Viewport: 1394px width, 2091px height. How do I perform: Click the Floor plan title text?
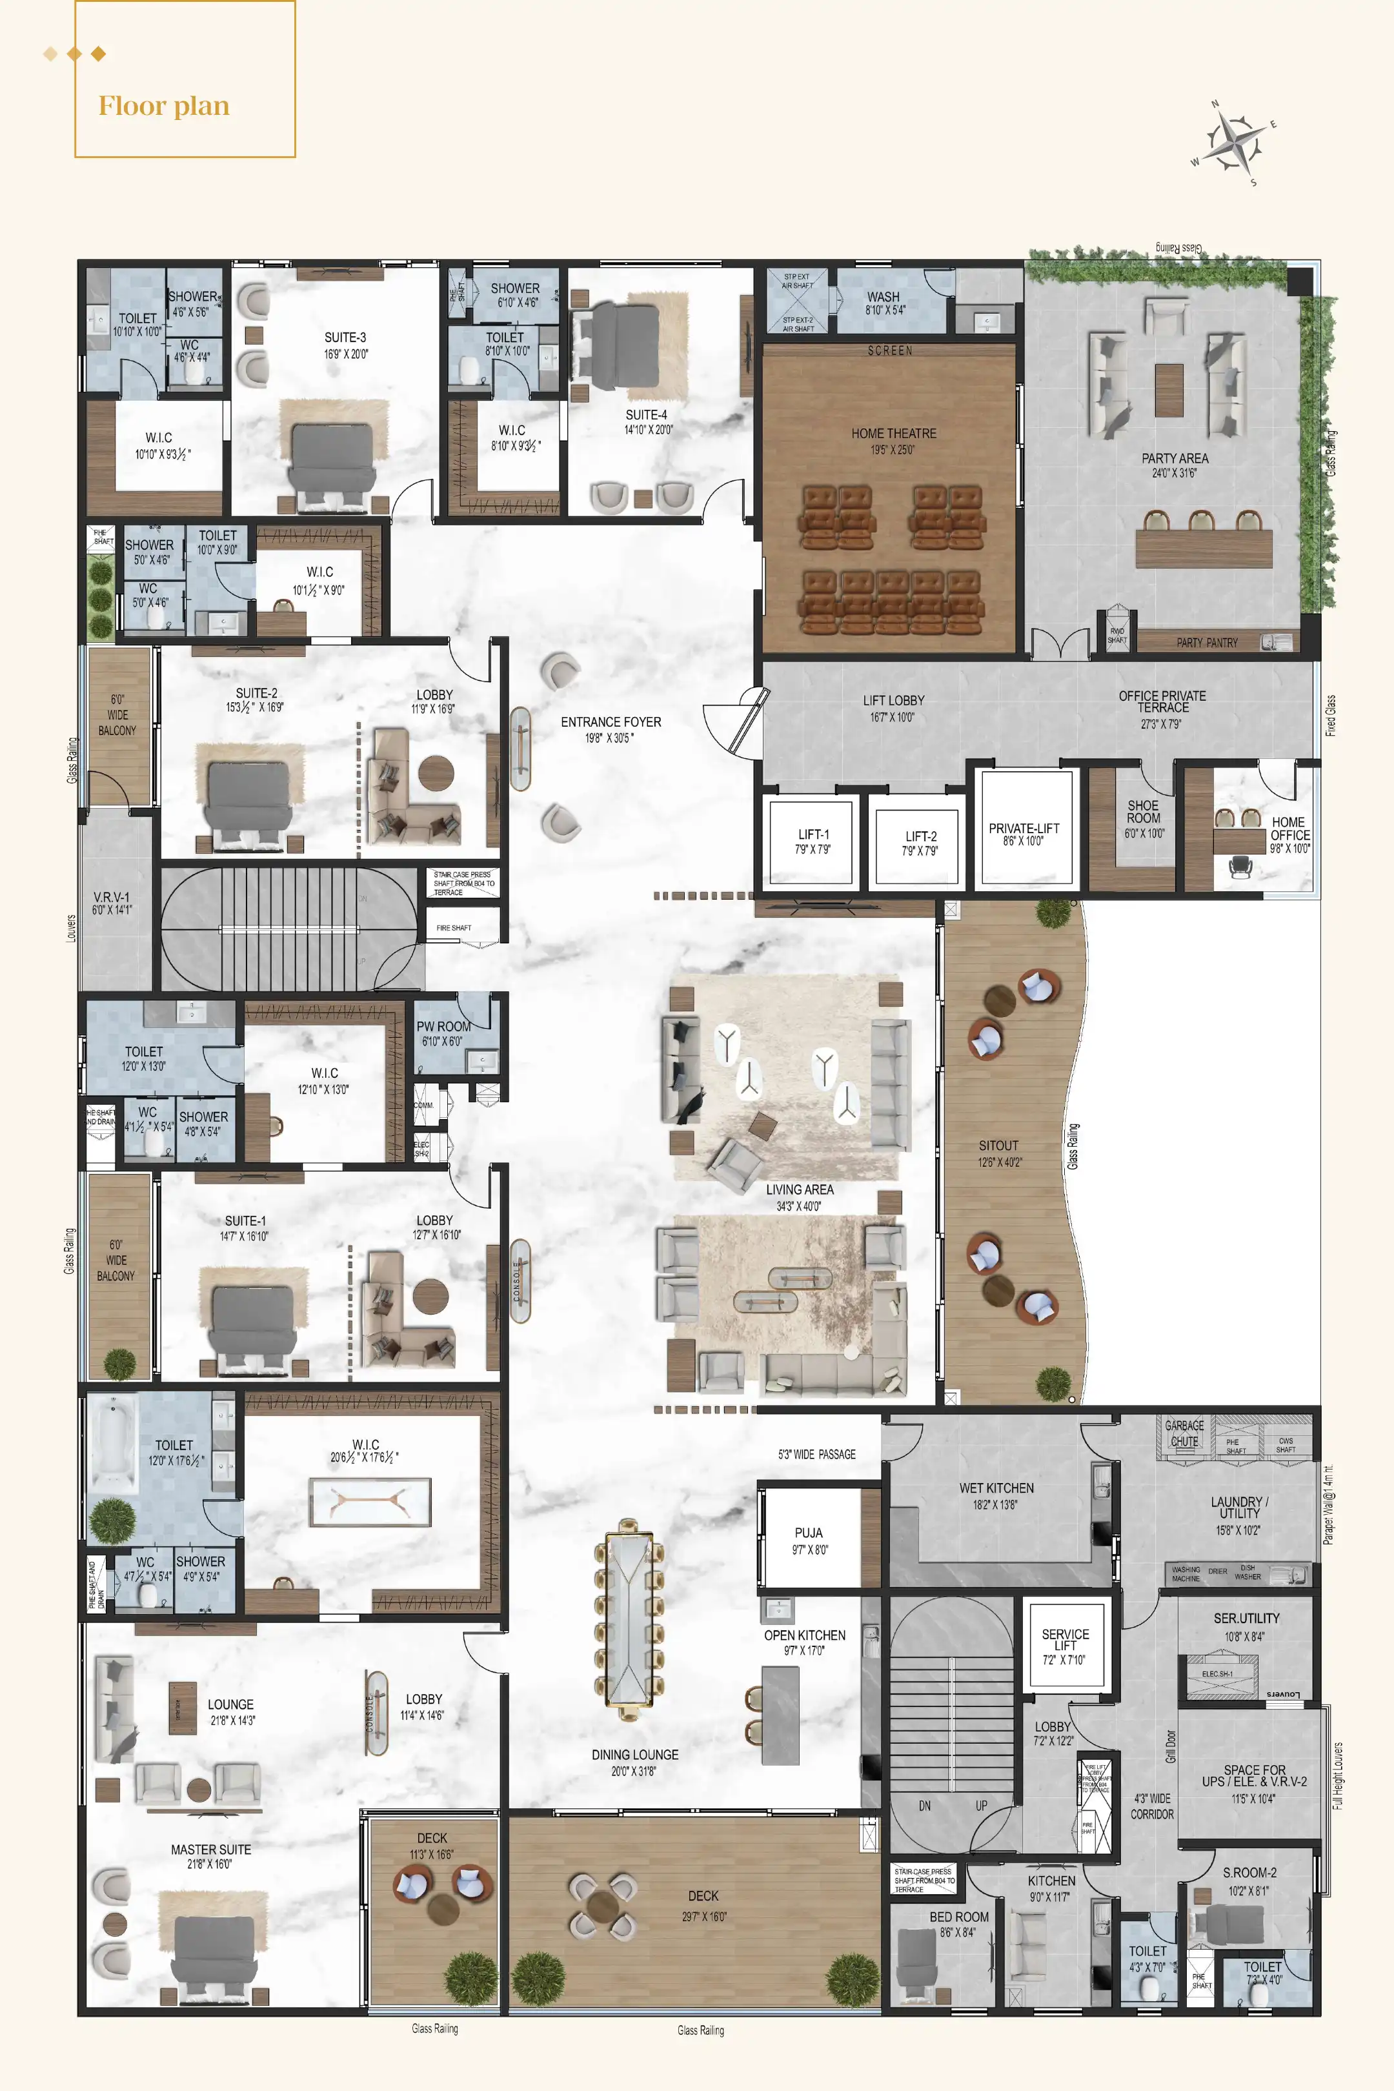point(163,106)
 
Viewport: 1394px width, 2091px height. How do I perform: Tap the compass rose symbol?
point(1234,141)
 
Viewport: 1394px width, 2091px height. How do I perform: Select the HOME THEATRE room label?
point(893,434)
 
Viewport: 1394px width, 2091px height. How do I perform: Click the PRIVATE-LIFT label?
point(1024,829)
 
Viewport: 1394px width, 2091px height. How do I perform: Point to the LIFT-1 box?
point(812,841)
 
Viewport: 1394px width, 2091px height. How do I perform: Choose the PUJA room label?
point(809,1533)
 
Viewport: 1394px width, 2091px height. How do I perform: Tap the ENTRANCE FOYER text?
point(611,723)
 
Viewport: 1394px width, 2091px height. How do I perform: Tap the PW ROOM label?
point(443,1026)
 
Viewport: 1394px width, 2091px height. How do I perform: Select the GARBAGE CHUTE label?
point(1184,1433)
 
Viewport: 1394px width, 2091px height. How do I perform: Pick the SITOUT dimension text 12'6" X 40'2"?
point(999,1162)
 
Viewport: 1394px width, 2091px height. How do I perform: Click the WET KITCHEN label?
point(996,1488)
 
